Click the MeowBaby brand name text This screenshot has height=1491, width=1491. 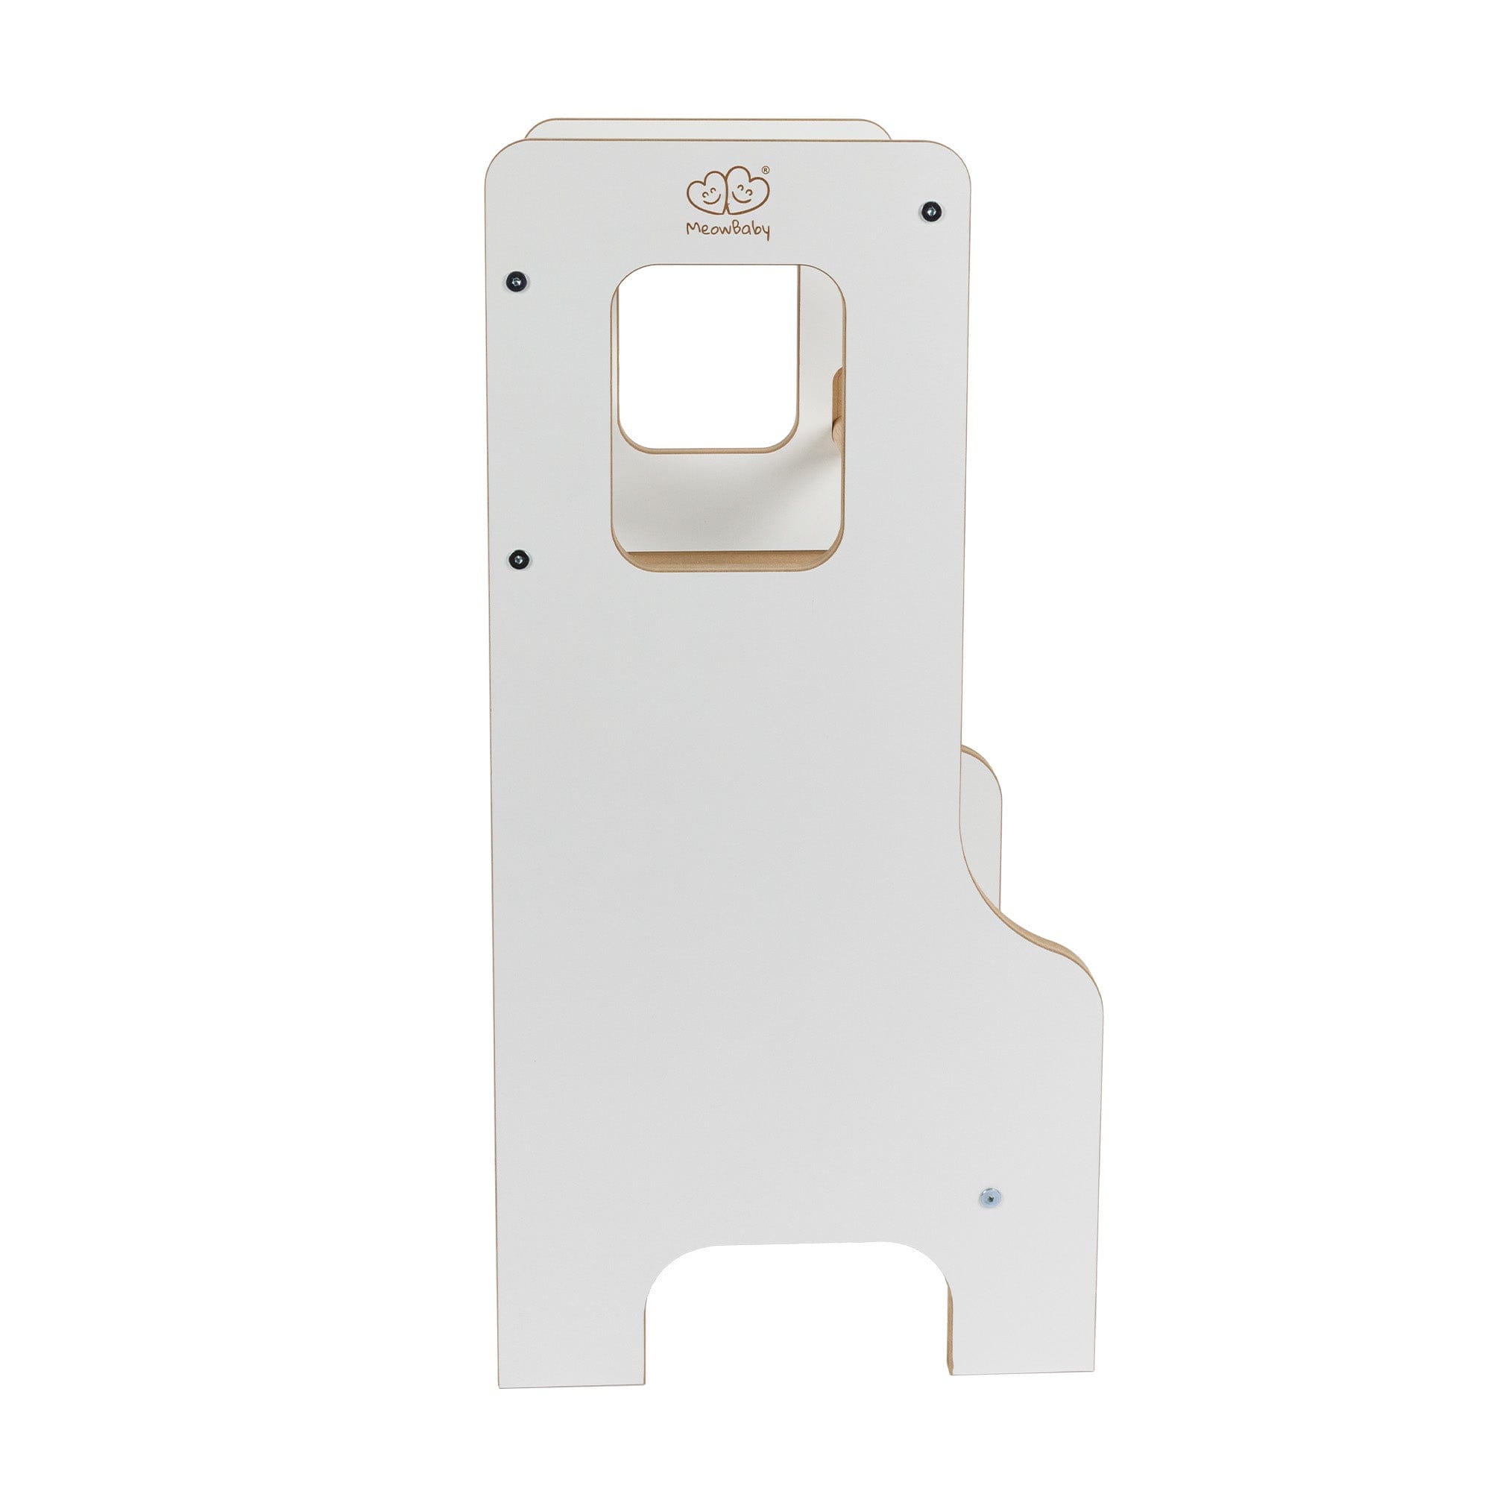(728, 230)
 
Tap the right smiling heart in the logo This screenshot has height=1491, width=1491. (747, 189)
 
